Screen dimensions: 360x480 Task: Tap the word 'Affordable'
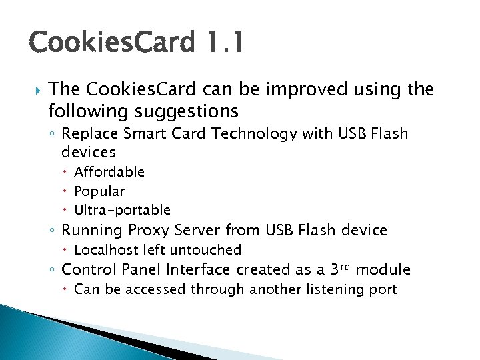109,172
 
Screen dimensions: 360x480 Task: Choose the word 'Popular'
99,191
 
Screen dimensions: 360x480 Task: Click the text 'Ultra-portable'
122,211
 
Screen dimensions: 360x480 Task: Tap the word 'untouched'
205,250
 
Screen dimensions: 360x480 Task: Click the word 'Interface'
198,270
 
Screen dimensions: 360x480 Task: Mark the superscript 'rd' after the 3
344,266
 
